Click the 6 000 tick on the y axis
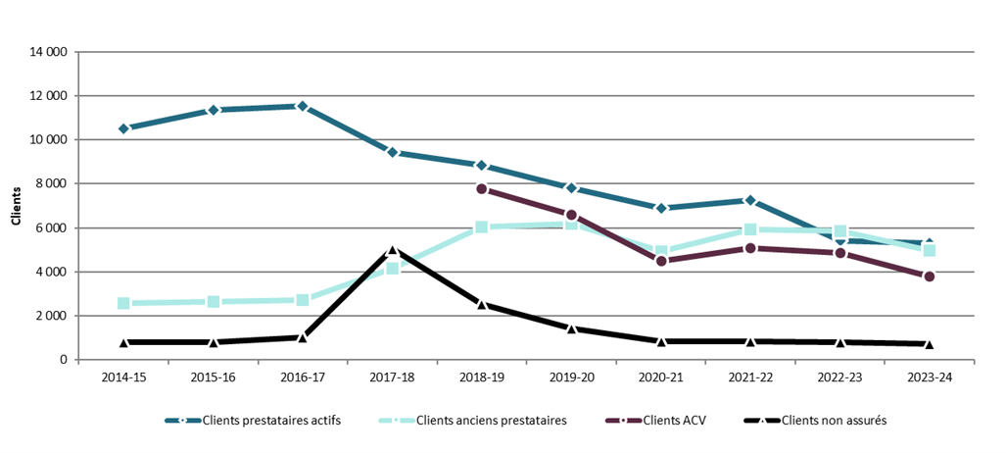51,227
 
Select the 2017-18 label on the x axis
392,377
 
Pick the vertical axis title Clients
16,206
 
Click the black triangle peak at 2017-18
392,251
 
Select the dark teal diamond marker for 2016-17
303,106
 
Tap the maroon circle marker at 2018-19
482,189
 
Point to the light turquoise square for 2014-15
123,304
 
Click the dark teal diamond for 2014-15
123,128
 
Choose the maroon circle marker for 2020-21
661,261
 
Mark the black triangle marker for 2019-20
571,328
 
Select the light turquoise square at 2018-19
482,226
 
